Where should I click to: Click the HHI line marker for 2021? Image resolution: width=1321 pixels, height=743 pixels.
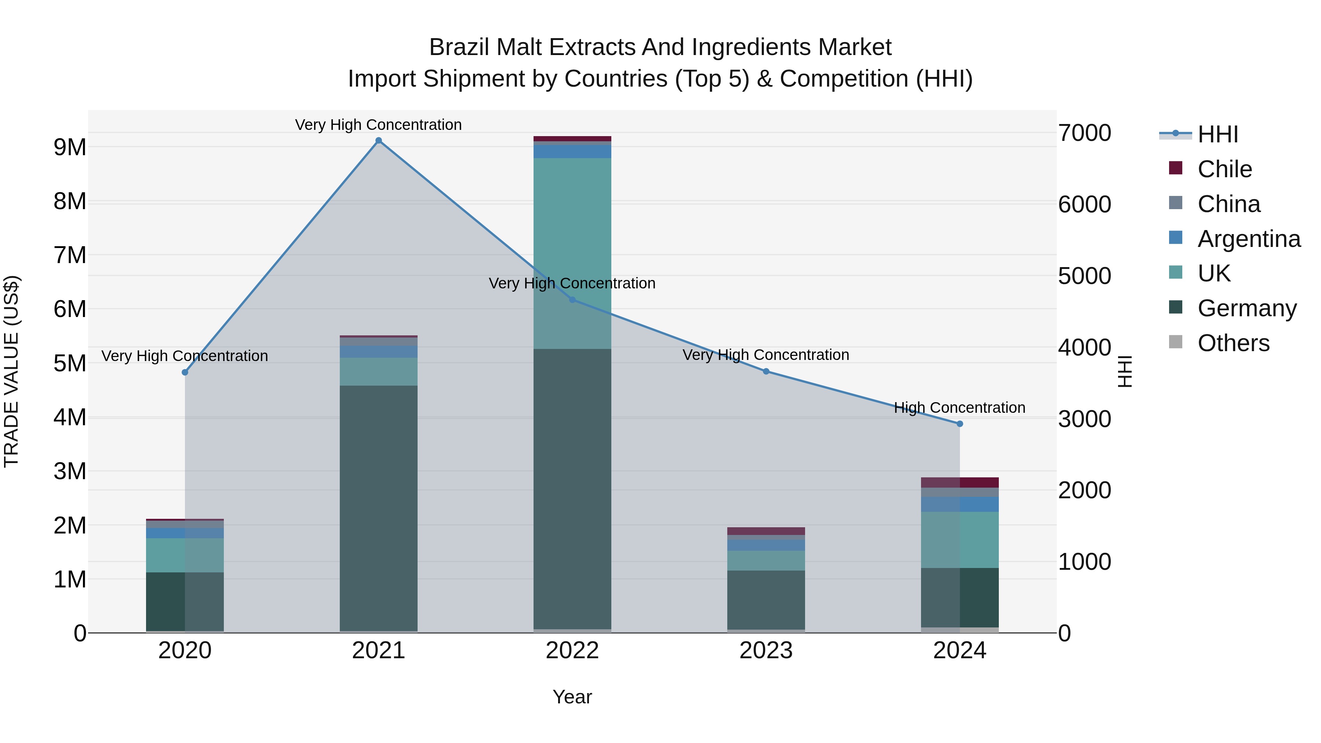pyautogui.click(x=378, y=141)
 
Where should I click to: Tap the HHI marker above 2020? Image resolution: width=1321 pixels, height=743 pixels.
pyautogui.click(x=185, y=372)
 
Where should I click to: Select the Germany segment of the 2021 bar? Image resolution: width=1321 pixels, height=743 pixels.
pyautogui.click(x=378, y=508)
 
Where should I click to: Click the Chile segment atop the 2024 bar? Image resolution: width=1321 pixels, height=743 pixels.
pyautogui.click(x=960, y=482)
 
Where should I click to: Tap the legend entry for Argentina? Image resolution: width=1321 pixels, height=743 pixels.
pyautogui.click(x=1248, y=239)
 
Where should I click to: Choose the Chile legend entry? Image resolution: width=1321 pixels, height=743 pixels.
pyautogui.click(x=1224, y=169)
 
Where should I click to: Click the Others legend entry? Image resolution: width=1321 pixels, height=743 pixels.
pyautogui.click(x=1233, y=343)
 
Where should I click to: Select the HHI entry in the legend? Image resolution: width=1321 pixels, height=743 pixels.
pyautogui.click(x=1218, y=134)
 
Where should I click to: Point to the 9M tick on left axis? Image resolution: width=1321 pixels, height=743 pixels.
pyautogui.click(x=70, y=147)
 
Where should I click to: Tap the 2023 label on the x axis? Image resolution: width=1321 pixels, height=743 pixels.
pyautogui.click(x=765, y=651)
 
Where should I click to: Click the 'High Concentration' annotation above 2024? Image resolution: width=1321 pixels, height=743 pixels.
pyautogui.click(x=960, y=408)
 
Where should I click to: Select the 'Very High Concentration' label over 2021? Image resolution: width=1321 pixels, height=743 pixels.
pyautogui.click(x=378, y=125)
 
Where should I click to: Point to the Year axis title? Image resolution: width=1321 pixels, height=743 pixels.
pyautogui.click(x=572, y=697)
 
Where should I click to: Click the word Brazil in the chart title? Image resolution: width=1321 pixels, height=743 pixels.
pyautogui.click(x=459, y=47)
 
